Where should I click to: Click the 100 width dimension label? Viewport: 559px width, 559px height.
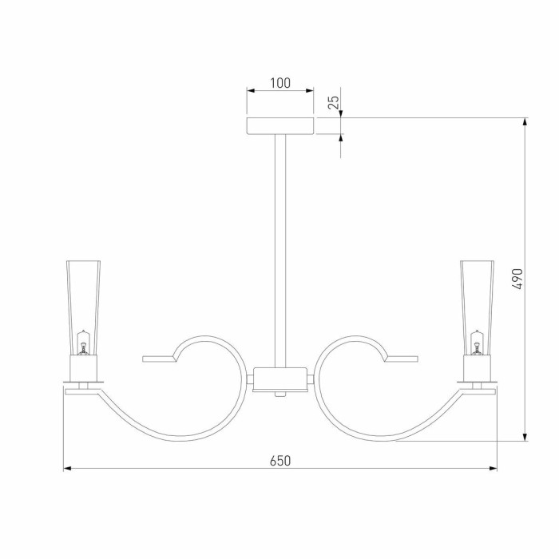tap(279, 83)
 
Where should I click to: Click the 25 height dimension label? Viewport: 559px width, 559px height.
tap(335, 101)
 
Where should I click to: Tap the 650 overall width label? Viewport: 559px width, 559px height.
tap(279, 460)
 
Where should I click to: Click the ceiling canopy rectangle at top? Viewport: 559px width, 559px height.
tap(279, 126)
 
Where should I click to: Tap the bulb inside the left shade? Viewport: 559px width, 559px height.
tap(82, 344)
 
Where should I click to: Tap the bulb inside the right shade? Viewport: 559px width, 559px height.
tap(477, 344)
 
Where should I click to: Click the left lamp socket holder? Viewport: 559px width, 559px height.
tap(83, 368)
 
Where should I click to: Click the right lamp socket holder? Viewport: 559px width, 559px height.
tap(476, 368)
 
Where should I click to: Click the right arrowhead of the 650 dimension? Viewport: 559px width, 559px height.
tap(492, 469)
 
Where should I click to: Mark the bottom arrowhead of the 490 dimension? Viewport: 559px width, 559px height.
tap(525, 436)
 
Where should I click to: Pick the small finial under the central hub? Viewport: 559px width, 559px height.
tap(279, 394)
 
